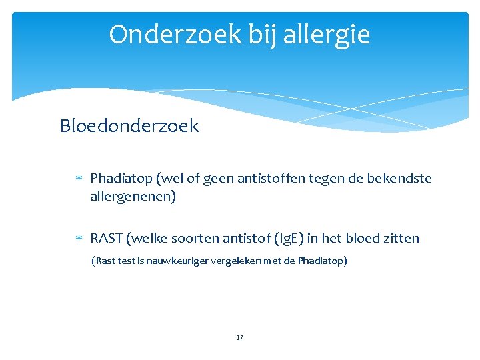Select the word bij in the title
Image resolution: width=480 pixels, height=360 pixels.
click(261, 35)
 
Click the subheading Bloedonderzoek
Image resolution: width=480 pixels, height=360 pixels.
click(129, 126)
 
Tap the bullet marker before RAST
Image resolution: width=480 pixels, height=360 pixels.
click(78, 239)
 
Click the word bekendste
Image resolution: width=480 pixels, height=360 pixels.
click(399, 179)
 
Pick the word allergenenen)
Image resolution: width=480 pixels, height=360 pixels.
click(133, 197)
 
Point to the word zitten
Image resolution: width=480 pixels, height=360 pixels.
click(402, 238)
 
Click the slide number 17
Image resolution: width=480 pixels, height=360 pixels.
click(240, 338)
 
